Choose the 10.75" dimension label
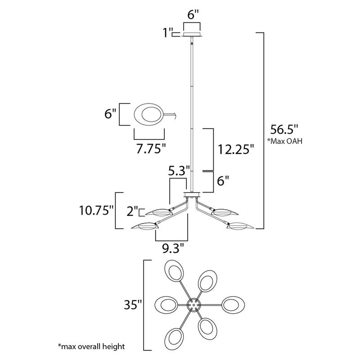coord(96,210)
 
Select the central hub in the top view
coord(193,305)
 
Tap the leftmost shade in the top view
coord(164,305)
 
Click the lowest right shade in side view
coord(241,226)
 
